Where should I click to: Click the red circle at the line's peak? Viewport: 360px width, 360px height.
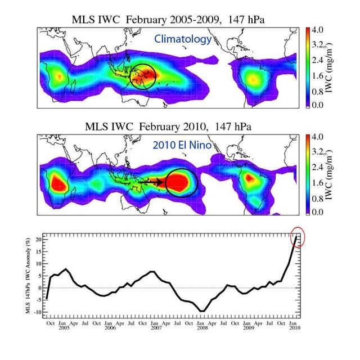(297, 238)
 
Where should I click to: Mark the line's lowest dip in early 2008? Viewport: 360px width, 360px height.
(202, 310)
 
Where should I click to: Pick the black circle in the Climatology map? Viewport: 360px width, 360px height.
(142, 75)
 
